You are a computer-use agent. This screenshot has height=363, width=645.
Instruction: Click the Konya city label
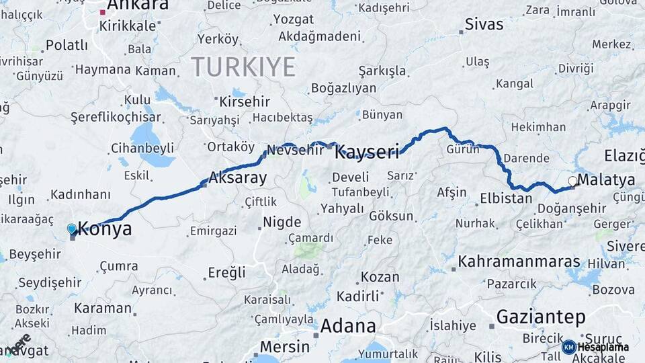click(x=105, y=229)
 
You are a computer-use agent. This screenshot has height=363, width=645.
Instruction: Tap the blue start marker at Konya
click(x=72, y=229)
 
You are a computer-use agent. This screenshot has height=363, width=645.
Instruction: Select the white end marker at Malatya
click(x=572, y=181)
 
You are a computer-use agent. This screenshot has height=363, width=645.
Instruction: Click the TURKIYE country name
click(x=243, y=67)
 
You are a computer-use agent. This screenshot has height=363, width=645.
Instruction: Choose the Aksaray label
click(x=238, y=178)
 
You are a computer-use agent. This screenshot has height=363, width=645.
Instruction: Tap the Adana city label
click(x=347, y=326)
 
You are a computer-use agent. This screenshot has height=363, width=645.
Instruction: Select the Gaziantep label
click(x=541, y=317)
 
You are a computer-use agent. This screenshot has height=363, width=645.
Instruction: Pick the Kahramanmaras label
click(x=519, y=261)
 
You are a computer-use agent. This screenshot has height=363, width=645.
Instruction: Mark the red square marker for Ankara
click(x=103, y=12)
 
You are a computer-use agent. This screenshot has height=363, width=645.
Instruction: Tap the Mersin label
click(x=284, y=347)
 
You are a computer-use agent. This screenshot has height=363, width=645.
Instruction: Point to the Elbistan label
click(x=506, y=198)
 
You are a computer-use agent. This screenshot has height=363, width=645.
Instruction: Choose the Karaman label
click(x=103, y=308)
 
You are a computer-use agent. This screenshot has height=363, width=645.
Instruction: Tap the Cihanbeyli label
click(x=142, y=148)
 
